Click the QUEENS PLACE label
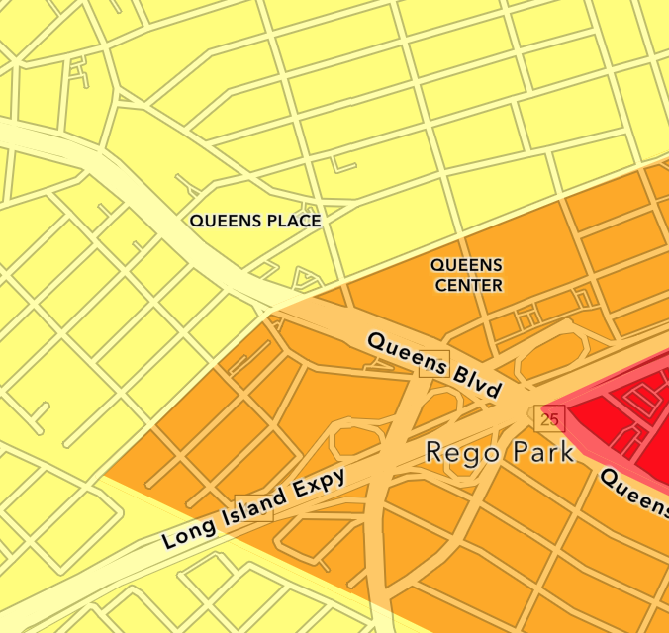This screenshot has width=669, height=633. point(255,221)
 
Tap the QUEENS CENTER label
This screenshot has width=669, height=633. point(467,275)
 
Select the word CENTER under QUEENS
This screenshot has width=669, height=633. point(467,286)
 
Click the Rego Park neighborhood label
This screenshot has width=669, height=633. point(500,453)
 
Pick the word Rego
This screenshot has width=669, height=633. point(458,453)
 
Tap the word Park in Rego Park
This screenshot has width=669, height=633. point(538,453)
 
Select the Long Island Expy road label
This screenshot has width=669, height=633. point(254,508)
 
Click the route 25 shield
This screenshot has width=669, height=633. point(550,419)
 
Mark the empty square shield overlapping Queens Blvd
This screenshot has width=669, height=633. point(434,364)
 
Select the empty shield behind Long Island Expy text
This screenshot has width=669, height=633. point(253,508)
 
